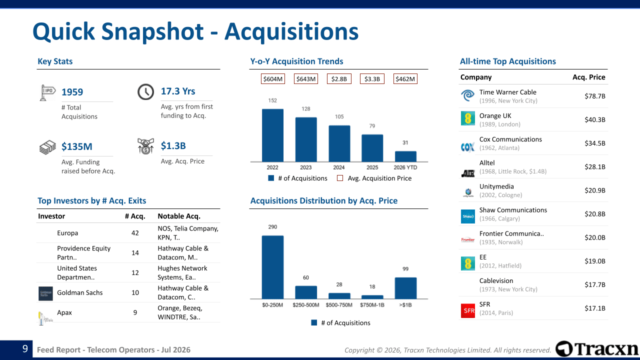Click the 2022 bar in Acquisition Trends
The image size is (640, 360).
[272, 135]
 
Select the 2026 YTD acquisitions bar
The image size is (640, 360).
[405, 156]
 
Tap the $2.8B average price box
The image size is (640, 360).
[339, 79]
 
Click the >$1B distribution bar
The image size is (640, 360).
[405, 288]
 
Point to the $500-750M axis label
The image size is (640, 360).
[339, 305]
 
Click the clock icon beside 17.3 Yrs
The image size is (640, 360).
[145, 91]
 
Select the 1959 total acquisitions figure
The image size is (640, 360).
[72, 92]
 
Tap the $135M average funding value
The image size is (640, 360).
[77, 146]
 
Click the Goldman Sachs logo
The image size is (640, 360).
[45, 293]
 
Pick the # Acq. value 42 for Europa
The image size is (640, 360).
[135, 233]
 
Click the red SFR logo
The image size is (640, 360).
[468, 310]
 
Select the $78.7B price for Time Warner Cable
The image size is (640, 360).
[595, 96]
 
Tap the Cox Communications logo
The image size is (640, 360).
[467, 147]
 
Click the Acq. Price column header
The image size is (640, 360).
[589, 77]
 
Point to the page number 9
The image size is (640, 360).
[25, 348]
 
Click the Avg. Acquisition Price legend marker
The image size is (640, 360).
[340, 178]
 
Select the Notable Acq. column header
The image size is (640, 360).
[179, 216]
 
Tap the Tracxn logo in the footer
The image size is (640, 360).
[596, 348]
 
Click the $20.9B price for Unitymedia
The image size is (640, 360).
[595, 190]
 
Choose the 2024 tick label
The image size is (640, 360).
[339, 167]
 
